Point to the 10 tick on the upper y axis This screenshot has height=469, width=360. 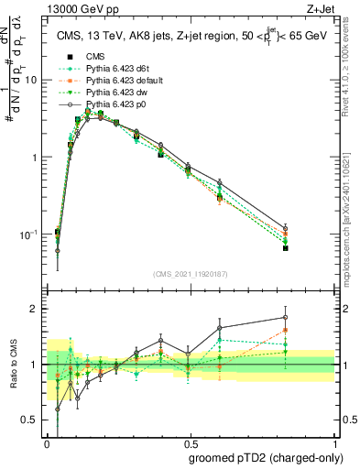point(36,80)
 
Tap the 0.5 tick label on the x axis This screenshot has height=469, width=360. point(191,441)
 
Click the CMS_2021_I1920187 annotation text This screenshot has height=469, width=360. point(190,273)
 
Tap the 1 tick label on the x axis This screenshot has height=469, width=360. point(333,441)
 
